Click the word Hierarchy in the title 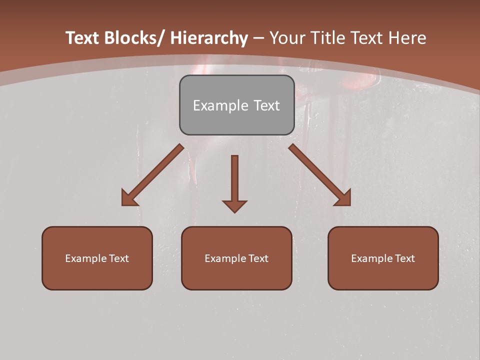pos(209,38)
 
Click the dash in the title pos(258,38)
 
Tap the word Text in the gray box pos(266,105)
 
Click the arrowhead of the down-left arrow pos(129,198)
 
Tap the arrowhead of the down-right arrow pos(343,198)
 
